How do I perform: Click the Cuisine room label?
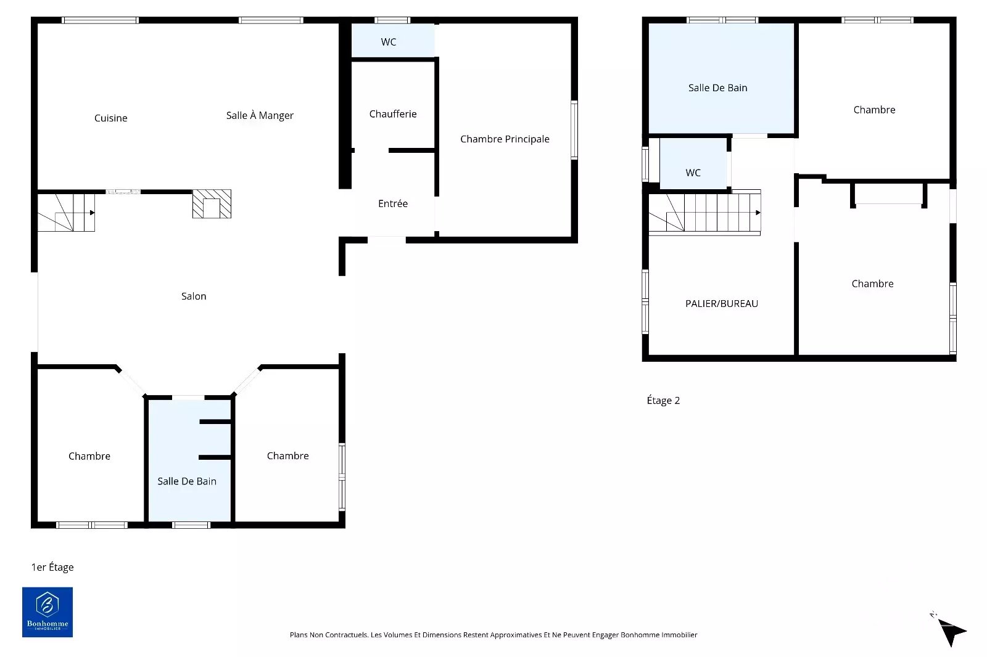click(x=110, y=118)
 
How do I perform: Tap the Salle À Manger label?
click(x=260, y=115)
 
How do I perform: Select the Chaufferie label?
click(x=392, y=114)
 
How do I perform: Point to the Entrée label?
click(x=392, y=203)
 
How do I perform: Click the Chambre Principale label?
click(x=505, y=139)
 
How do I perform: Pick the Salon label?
click(x=194, y=296)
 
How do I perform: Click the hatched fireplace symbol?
click(x=212, y=204)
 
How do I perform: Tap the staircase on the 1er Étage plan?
click(x=66, y=213)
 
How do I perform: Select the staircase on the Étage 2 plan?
click(x=704, y=213)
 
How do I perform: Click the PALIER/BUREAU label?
click(x=721, y=303)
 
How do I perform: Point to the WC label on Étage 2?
click(x=693, y=173)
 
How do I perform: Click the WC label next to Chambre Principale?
click(x=388, y=42)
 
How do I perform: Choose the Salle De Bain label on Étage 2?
click(x=717, y=88)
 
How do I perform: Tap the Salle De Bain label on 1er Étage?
click(x=187, y=481)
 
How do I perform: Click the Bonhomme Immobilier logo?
click(x=47, y=612)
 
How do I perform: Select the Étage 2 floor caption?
click(x=663, y=400)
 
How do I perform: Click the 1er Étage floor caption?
click(x=52, y=567)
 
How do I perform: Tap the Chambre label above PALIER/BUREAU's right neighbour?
click(x=874, y=110)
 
